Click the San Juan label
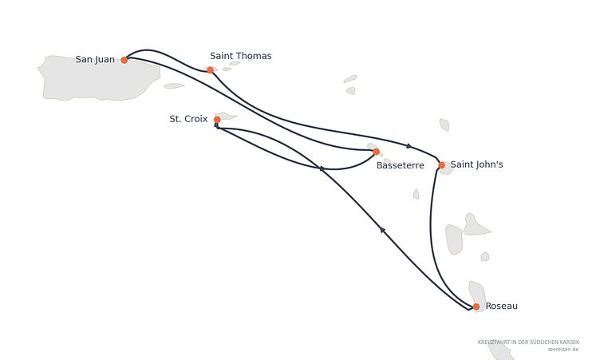(x=95, y=59)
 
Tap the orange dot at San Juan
(x=124, y=60)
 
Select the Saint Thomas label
(x=241, y=56)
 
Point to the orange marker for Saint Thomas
(x=210, y=70)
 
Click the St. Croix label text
(x=188, y=119)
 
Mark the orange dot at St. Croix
(x=217, y=120)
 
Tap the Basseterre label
(x=401, y=165)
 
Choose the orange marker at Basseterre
(x=376, y=152)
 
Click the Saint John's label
(x=477, y=164)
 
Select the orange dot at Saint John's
(x=441, y=165)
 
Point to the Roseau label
(x=501, y=306)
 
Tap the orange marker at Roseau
(x=476, y=307)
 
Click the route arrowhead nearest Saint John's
(x=409, y=146)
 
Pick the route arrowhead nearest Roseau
(x=382, y=229)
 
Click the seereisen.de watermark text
(x=562, y=350)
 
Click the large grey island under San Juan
(x=99, y=78)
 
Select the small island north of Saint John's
(x=444, y=125)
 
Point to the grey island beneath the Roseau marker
(x=477, y=296)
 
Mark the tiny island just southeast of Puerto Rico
(x=174, y=85)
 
